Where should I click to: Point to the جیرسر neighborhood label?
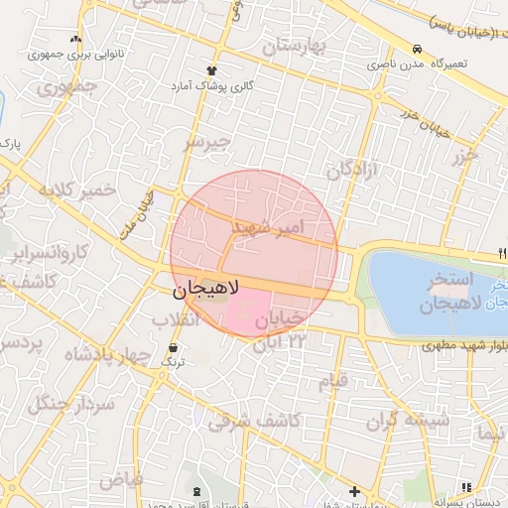[x=206, y=142]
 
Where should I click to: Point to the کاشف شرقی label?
[x=254, y=421]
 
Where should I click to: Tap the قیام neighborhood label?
[x=334, y=380]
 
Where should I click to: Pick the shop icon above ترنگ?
[x=175, y=348]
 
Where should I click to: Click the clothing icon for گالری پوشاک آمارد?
[x=210, y=70]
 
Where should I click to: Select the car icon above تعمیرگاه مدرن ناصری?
[x=418, y=49]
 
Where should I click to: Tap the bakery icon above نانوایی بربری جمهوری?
[x=75, y=41]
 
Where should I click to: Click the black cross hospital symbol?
[x=354, y=490]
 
